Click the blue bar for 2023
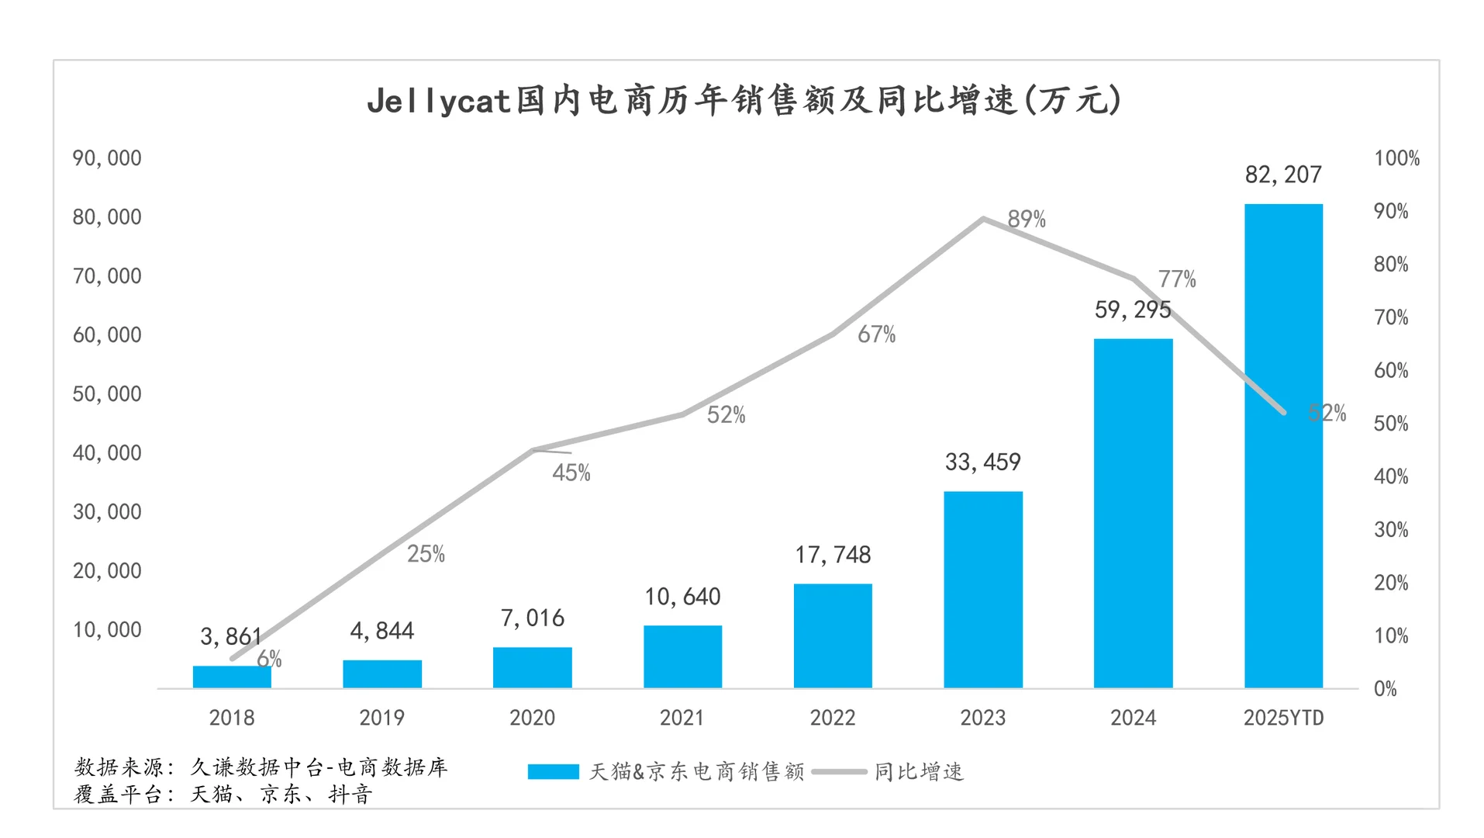click(x=982, y=590)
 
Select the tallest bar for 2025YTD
click(x=1283, y=446)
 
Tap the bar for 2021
click(x=682, y=656)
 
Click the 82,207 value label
click(x=1283, y=175)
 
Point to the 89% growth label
click(x=1027, y=220)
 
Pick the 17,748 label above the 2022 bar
click(x=833, y=555)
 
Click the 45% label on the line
click(x=571, y=473)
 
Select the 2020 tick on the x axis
click(x=532, y=718)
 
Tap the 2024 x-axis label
click(x=1133, y=718)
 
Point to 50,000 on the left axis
click(x=107, y=394)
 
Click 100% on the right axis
click(x=1396, y=158)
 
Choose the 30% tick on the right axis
click(x=1391, y=530)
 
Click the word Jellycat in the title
click(x=438, y=102)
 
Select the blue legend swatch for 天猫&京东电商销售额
click(x=553, y=772)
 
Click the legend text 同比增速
click(x=919, y=772)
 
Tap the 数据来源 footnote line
click(x=261, y=767)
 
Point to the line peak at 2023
click(x=983, y=219)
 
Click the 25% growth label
click(x=426, y=554)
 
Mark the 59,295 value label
click(x=1133, y=310)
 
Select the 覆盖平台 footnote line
click(x=223, y=795)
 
